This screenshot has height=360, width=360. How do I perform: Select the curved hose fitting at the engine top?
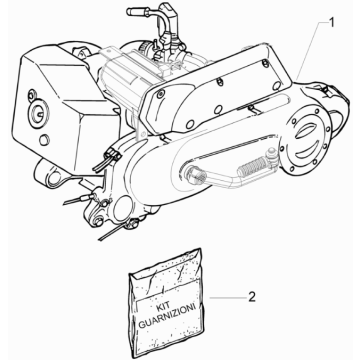160,25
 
